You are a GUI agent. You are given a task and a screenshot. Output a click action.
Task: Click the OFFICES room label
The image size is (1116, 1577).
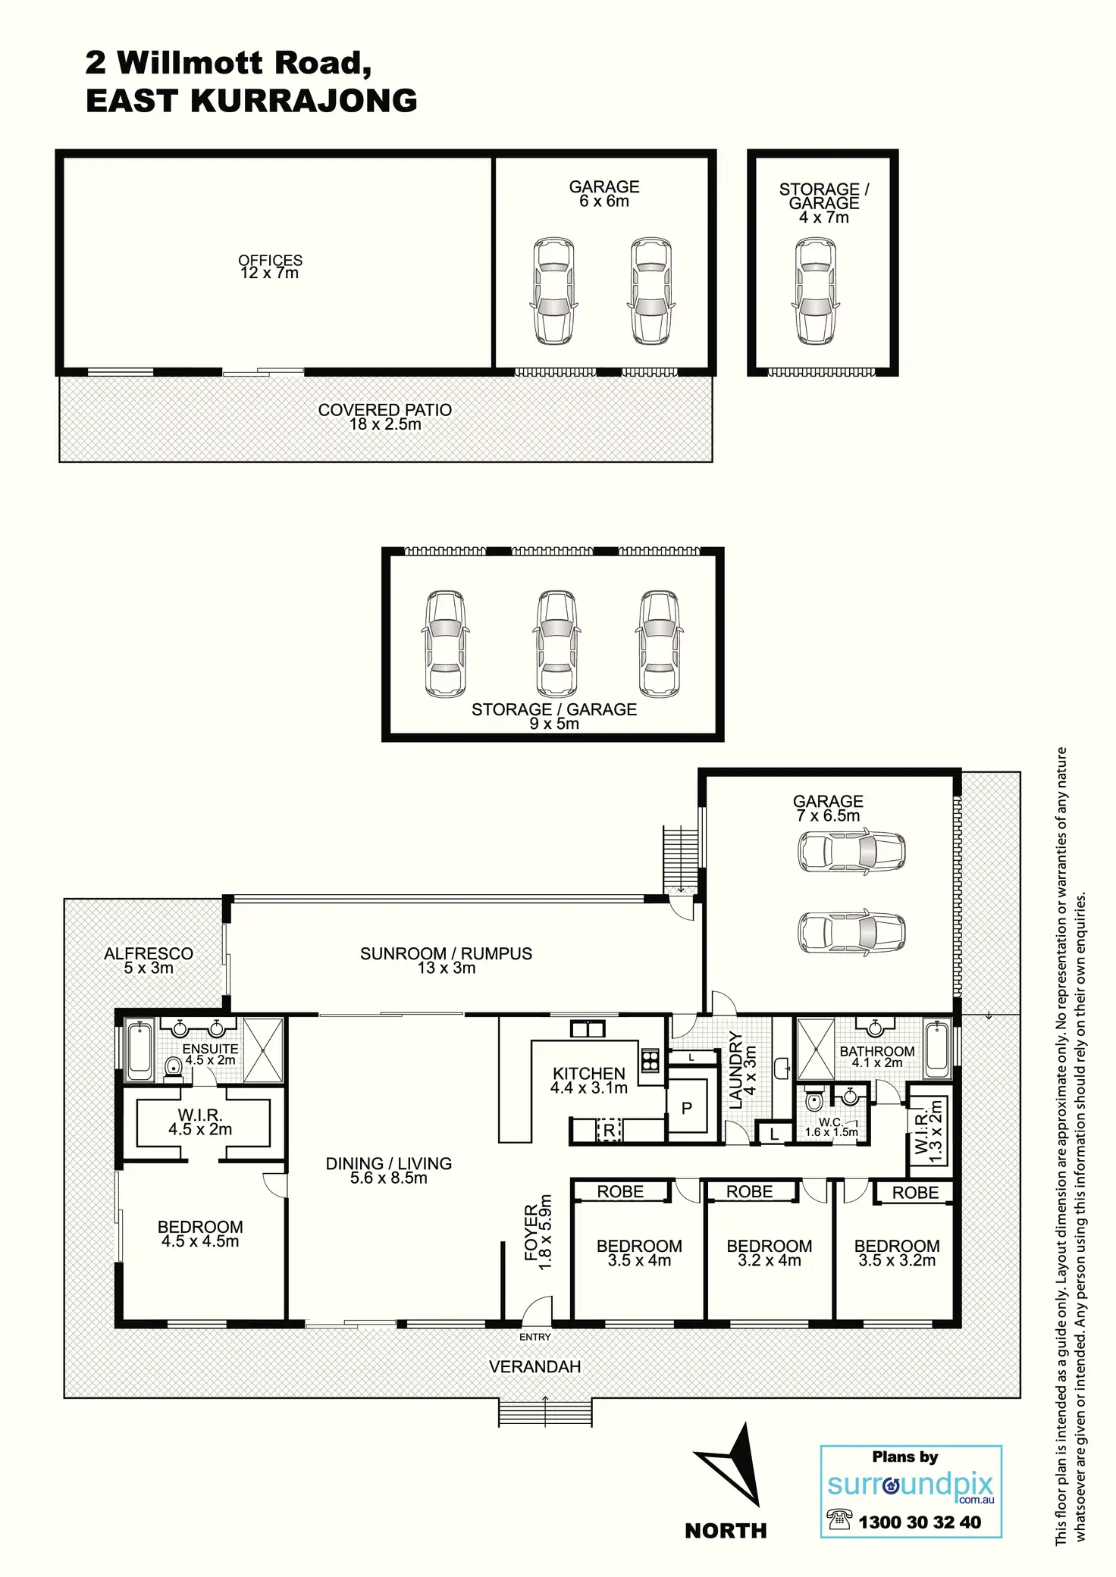270,260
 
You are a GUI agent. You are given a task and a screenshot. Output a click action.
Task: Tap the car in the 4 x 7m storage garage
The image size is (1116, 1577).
816,292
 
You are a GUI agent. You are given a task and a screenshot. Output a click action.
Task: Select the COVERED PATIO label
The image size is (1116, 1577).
385,410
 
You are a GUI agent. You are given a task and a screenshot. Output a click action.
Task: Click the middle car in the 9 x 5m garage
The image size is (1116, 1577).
556,644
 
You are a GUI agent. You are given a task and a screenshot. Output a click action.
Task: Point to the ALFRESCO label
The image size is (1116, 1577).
149,953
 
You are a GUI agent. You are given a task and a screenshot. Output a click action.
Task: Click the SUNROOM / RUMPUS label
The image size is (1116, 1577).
446,953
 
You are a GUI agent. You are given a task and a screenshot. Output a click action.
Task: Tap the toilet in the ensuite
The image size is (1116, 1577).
174,1067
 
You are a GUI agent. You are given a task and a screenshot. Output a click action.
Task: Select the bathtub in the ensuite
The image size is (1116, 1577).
139,1050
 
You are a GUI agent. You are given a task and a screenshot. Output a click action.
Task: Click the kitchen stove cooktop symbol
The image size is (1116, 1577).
650,1059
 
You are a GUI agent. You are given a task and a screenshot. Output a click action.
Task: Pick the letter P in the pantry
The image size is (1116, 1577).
686,1108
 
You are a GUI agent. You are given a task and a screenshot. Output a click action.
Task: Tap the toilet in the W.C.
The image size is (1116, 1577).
813,1100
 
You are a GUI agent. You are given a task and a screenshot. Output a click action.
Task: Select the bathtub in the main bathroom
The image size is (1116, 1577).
937,1049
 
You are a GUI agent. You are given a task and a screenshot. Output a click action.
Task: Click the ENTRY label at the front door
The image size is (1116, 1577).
535,1337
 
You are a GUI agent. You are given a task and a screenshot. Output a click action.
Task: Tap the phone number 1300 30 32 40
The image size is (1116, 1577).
920,1522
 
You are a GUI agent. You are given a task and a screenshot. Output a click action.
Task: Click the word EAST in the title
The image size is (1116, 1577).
132,101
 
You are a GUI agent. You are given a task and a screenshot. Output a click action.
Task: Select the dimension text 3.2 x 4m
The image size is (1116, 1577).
770,1260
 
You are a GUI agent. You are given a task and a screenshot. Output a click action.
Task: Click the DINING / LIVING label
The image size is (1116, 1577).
389,1163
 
